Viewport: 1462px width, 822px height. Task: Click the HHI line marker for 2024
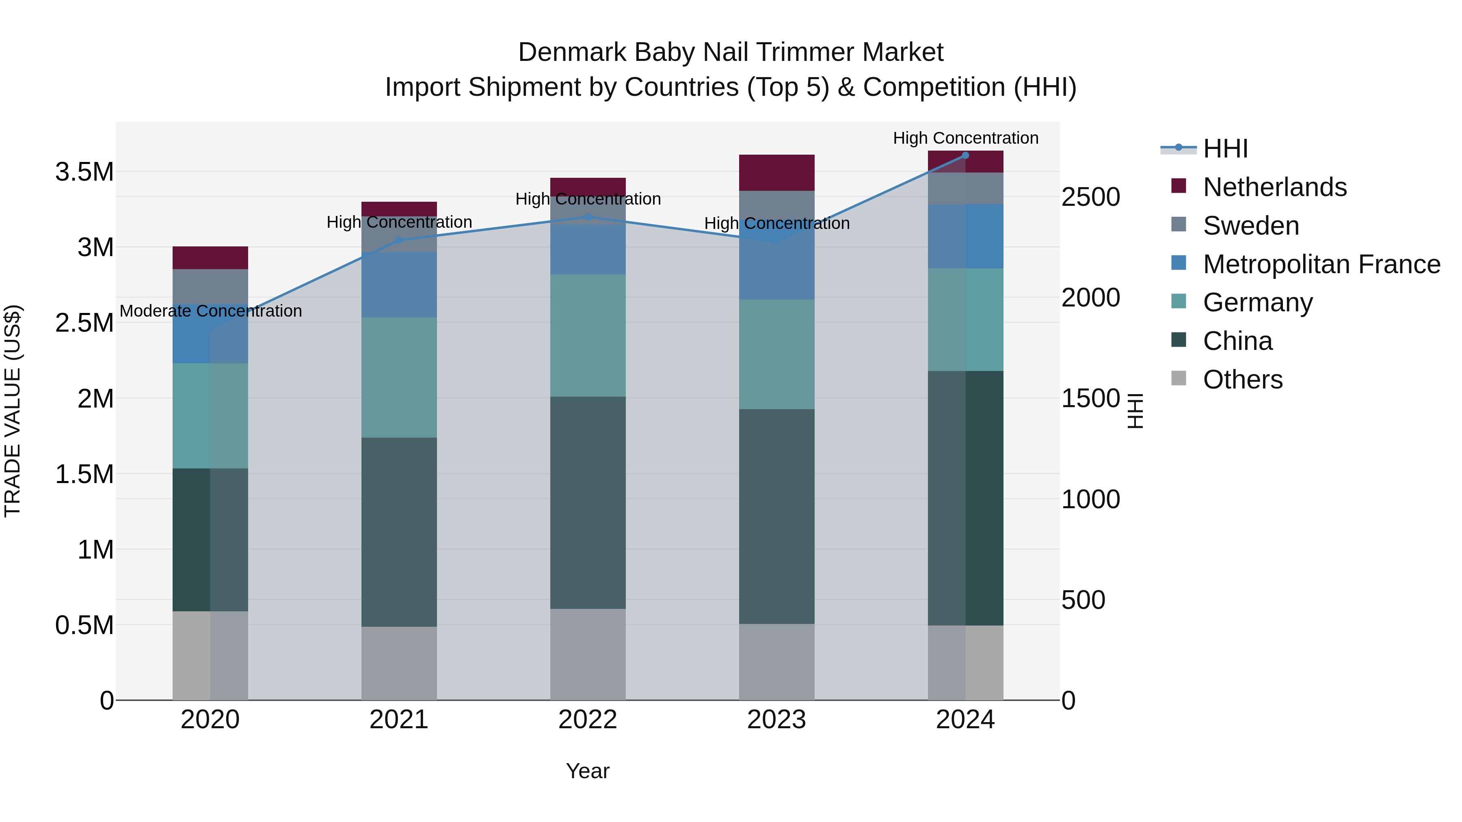pyautogui.click(x=965, y=155)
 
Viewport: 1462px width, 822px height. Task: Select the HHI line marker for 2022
pyautogui.click(x=588, y=217)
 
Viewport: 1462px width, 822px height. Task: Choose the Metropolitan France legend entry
pyautogui.click(x=1321, y=264)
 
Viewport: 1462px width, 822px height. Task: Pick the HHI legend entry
pyautogui.click(x=1225, y=149)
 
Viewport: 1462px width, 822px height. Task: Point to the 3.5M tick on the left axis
pyautogui.click(x=84, y=172)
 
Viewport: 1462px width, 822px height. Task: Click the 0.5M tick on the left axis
pyautogui.click(x=84, y=625)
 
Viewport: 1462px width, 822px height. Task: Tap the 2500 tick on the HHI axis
pyautogui.click(x=1090, y=197)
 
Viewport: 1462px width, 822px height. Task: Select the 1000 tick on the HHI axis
pyautogui.click(x=1090, y=500)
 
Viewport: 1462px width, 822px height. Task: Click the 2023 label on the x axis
pyautogui.click(x=776, y=720)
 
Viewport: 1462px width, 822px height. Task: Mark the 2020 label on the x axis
pyautogui.click(x=210, y=720)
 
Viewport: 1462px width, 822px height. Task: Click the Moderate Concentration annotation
pyautogui.click(x=210, y=311)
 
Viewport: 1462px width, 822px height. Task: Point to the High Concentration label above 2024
pyautogui.click(x=965, y=138)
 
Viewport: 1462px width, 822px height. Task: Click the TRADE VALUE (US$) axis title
pyautogui.click(x=13, y=411)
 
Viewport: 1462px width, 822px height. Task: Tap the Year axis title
pyautogui.click(x=587, y=771)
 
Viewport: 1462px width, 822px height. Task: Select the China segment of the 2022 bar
pyautogui.click(x=588, y=503)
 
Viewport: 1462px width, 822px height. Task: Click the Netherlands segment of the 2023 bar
pyautogui.click(x=776, y=173)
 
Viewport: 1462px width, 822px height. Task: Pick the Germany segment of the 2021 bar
pyautogui.click(x=399, y=377)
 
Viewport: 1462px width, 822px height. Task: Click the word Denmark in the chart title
pyautogui.click(x=572, y=52)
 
